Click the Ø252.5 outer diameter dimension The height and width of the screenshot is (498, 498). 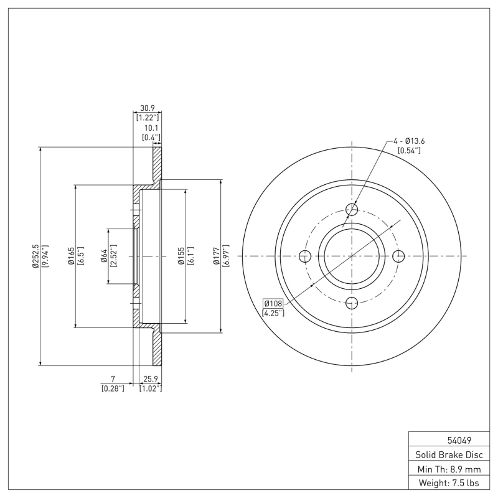tap(35, 256)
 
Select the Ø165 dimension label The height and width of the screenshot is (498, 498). tap(72, 256)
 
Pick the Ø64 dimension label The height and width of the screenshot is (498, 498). tap(104, 256)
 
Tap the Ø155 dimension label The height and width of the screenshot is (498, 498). tap(180, 256)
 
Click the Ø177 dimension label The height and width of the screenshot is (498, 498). tap(216, 256)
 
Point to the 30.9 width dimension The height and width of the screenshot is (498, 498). tap(148, 108)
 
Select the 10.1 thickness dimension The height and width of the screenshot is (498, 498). tap(151, 128)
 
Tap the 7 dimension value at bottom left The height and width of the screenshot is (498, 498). tap(113, 378)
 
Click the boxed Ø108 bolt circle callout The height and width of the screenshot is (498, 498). tap(273, 303)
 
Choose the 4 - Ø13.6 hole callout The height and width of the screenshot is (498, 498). tap(409, 141)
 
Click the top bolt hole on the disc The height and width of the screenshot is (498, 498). tap(352, 209)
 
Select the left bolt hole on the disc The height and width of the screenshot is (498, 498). tap(304, 256)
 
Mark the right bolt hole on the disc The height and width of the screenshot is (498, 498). tap(399, 256)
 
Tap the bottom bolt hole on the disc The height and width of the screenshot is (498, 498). tap(352, 303)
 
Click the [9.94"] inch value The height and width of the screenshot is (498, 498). tap(45, 256)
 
